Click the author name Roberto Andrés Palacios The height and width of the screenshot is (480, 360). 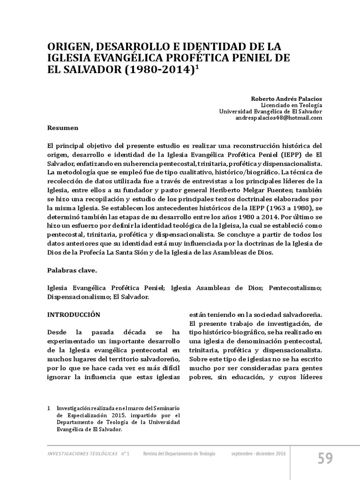click(x=286, y=99)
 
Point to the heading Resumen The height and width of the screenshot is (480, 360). click(x=63, y=127)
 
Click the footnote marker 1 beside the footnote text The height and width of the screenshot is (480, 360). click(x=50, y=409)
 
